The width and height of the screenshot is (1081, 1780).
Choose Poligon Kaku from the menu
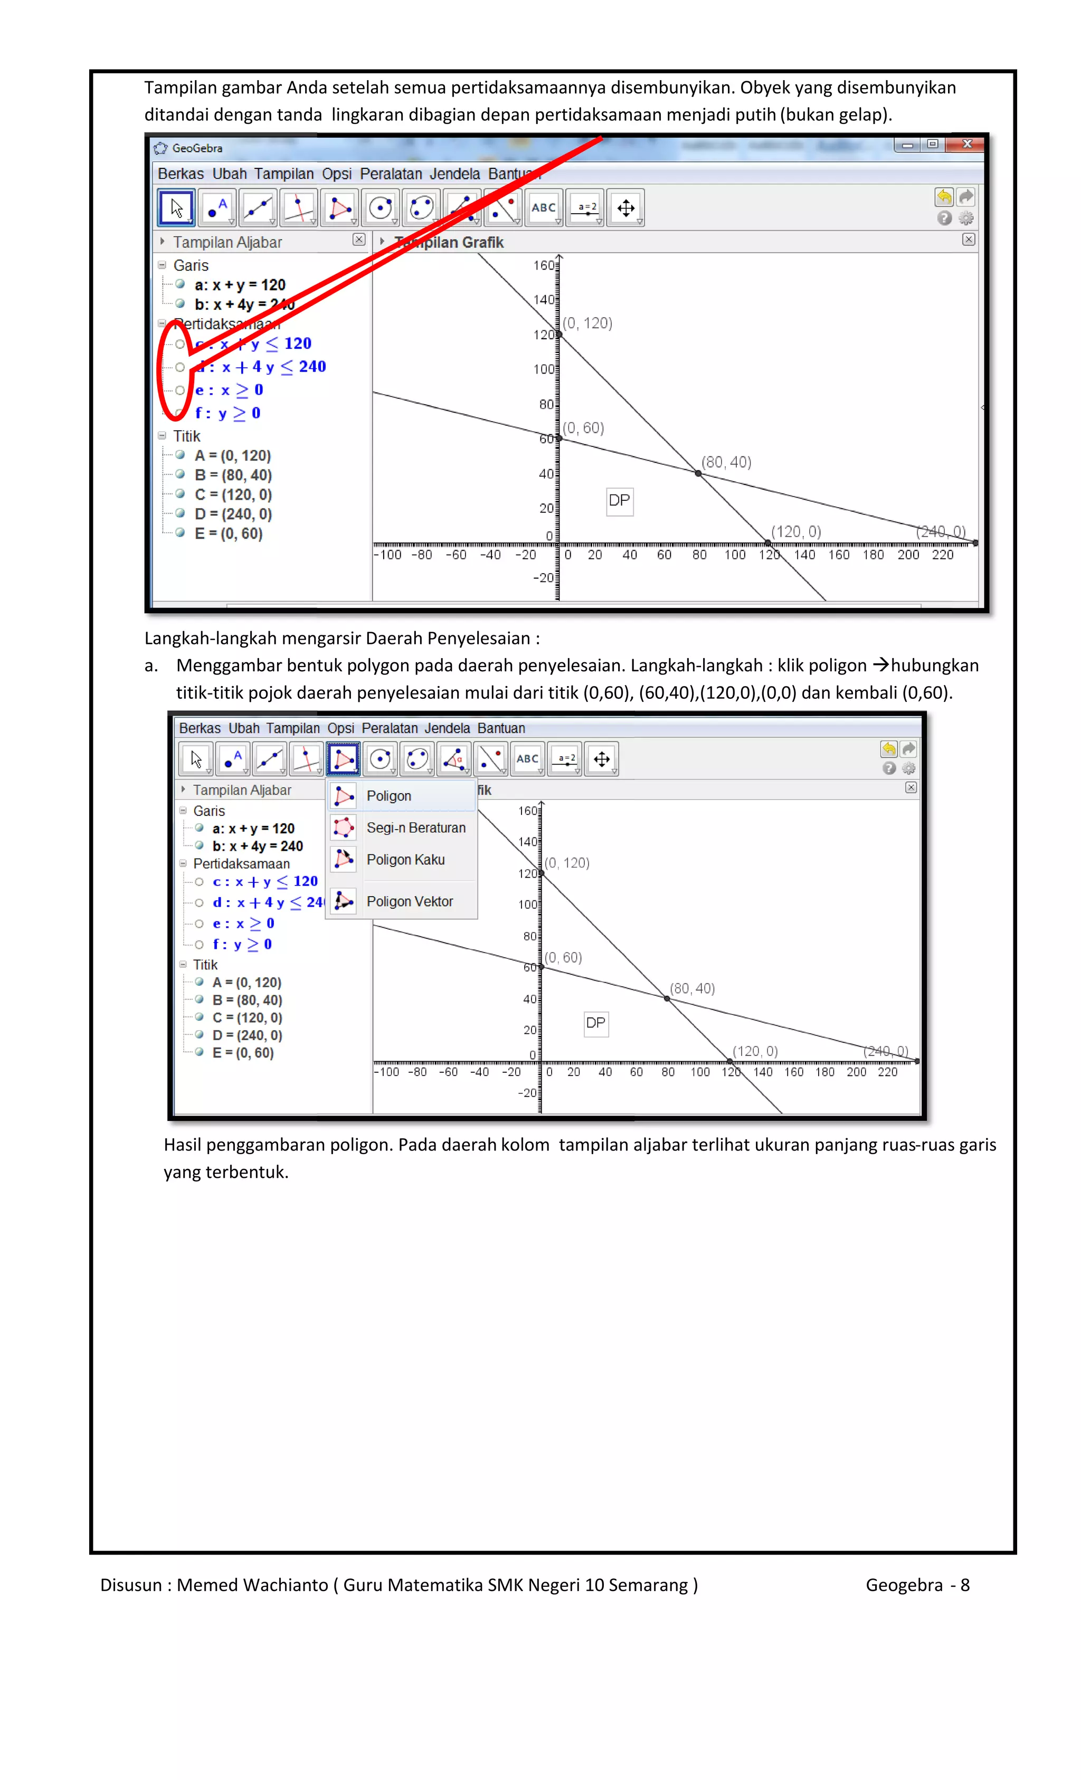405,860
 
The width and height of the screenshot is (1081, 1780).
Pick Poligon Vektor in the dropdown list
409,901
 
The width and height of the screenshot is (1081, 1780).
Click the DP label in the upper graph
619,501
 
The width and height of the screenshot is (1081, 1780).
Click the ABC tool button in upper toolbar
543,208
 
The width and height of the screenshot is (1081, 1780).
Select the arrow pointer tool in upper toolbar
176,208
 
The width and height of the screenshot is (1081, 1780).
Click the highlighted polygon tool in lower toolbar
343,759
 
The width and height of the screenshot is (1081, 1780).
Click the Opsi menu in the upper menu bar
337,174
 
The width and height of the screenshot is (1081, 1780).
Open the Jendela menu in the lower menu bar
447,728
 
